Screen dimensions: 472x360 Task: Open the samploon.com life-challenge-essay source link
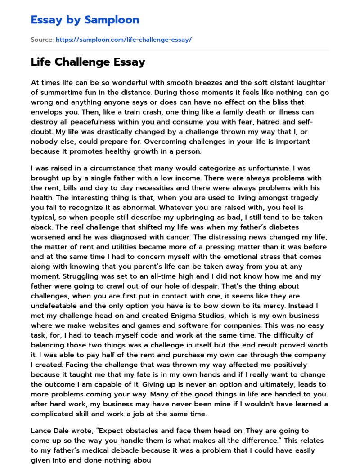point(123,40)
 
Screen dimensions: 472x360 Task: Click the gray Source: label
point(42,40)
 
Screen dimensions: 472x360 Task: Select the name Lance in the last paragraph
point(42,431)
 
